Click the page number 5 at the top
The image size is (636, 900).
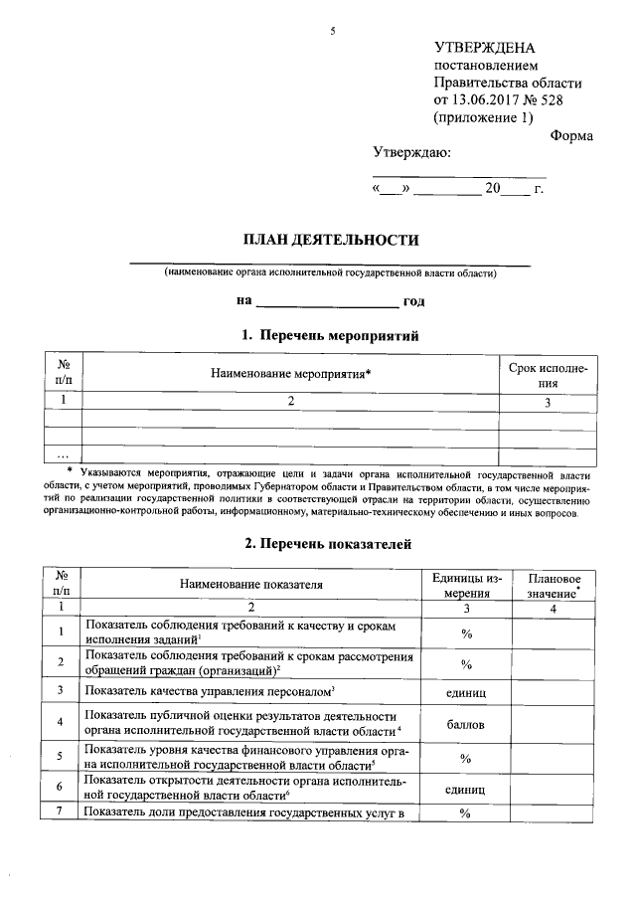tap(333, 31)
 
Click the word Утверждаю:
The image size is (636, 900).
tap(410, 153)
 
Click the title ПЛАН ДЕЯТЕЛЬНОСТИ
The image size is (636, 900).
tap(332, 240)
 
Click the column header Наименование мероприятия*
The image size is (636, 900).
tap(291, 374)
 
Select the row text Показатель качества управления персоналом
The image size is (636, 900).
tap(208, 690)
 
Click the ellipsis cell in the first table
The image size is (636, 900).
tap(63, 454)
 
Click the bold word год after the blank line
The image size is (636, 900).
tap(414, 300)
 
